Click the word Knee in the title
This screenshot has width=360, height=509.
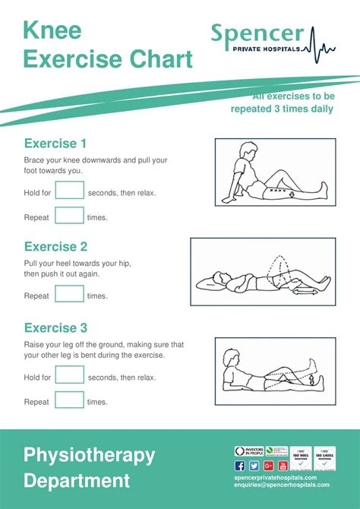52,30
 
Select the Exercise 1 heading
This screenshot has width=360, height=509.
55,144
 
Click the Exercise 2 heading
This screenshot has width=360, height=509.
55,247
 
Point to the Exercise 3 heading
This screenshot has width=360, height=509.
55,328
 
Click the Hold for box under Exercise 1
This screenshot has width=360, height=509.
69,191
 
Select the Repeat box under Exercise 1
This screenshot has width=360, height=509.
69,217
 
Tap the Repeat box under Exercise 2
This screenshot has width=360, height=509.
69,295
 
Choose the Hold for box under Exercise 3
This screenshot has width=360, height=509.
69,376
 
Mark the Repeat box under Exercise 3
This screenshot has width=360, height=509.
69,401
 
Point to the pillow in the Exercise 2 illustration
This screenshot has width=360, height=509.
211,283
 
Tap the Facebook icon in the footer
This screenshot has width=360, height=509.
240,466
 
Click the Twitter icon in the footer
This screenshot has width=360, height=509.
254,466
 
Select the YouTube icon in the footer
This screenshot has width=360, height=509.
283,466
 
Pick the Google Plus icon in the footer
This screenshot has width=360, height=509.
268,466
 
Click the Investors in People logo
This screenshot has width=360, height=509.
249,451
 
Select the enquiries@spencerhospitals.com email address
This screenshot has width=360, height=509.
282,485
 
